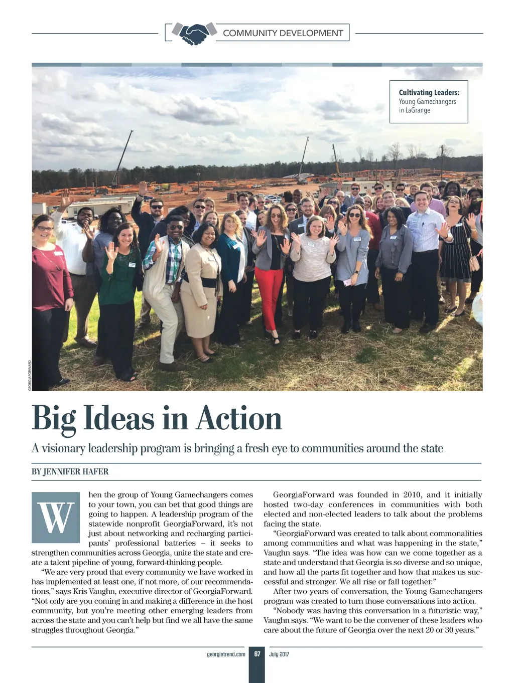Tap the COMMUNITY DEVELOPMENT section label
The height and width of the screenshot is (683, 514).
(x=283, y=33)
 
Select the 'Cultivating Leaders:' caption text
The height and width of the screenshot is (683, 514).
(x=429, y=93)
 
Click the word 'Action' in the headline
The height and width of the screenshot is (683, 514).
(x=239, y=419)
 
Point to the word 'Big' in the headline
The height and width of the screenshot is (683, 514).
(x=54, y=419)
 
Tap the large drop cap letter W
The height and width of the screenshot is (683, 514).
(x=56, y=518)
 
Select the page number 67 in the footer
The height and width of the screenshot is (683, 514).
(x=257, y=654)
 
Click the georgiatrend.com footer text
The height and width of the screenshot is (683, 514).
(x=226, y=654)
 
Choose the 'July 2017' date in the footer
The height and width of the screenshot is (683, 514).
(x=279, y=654)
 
